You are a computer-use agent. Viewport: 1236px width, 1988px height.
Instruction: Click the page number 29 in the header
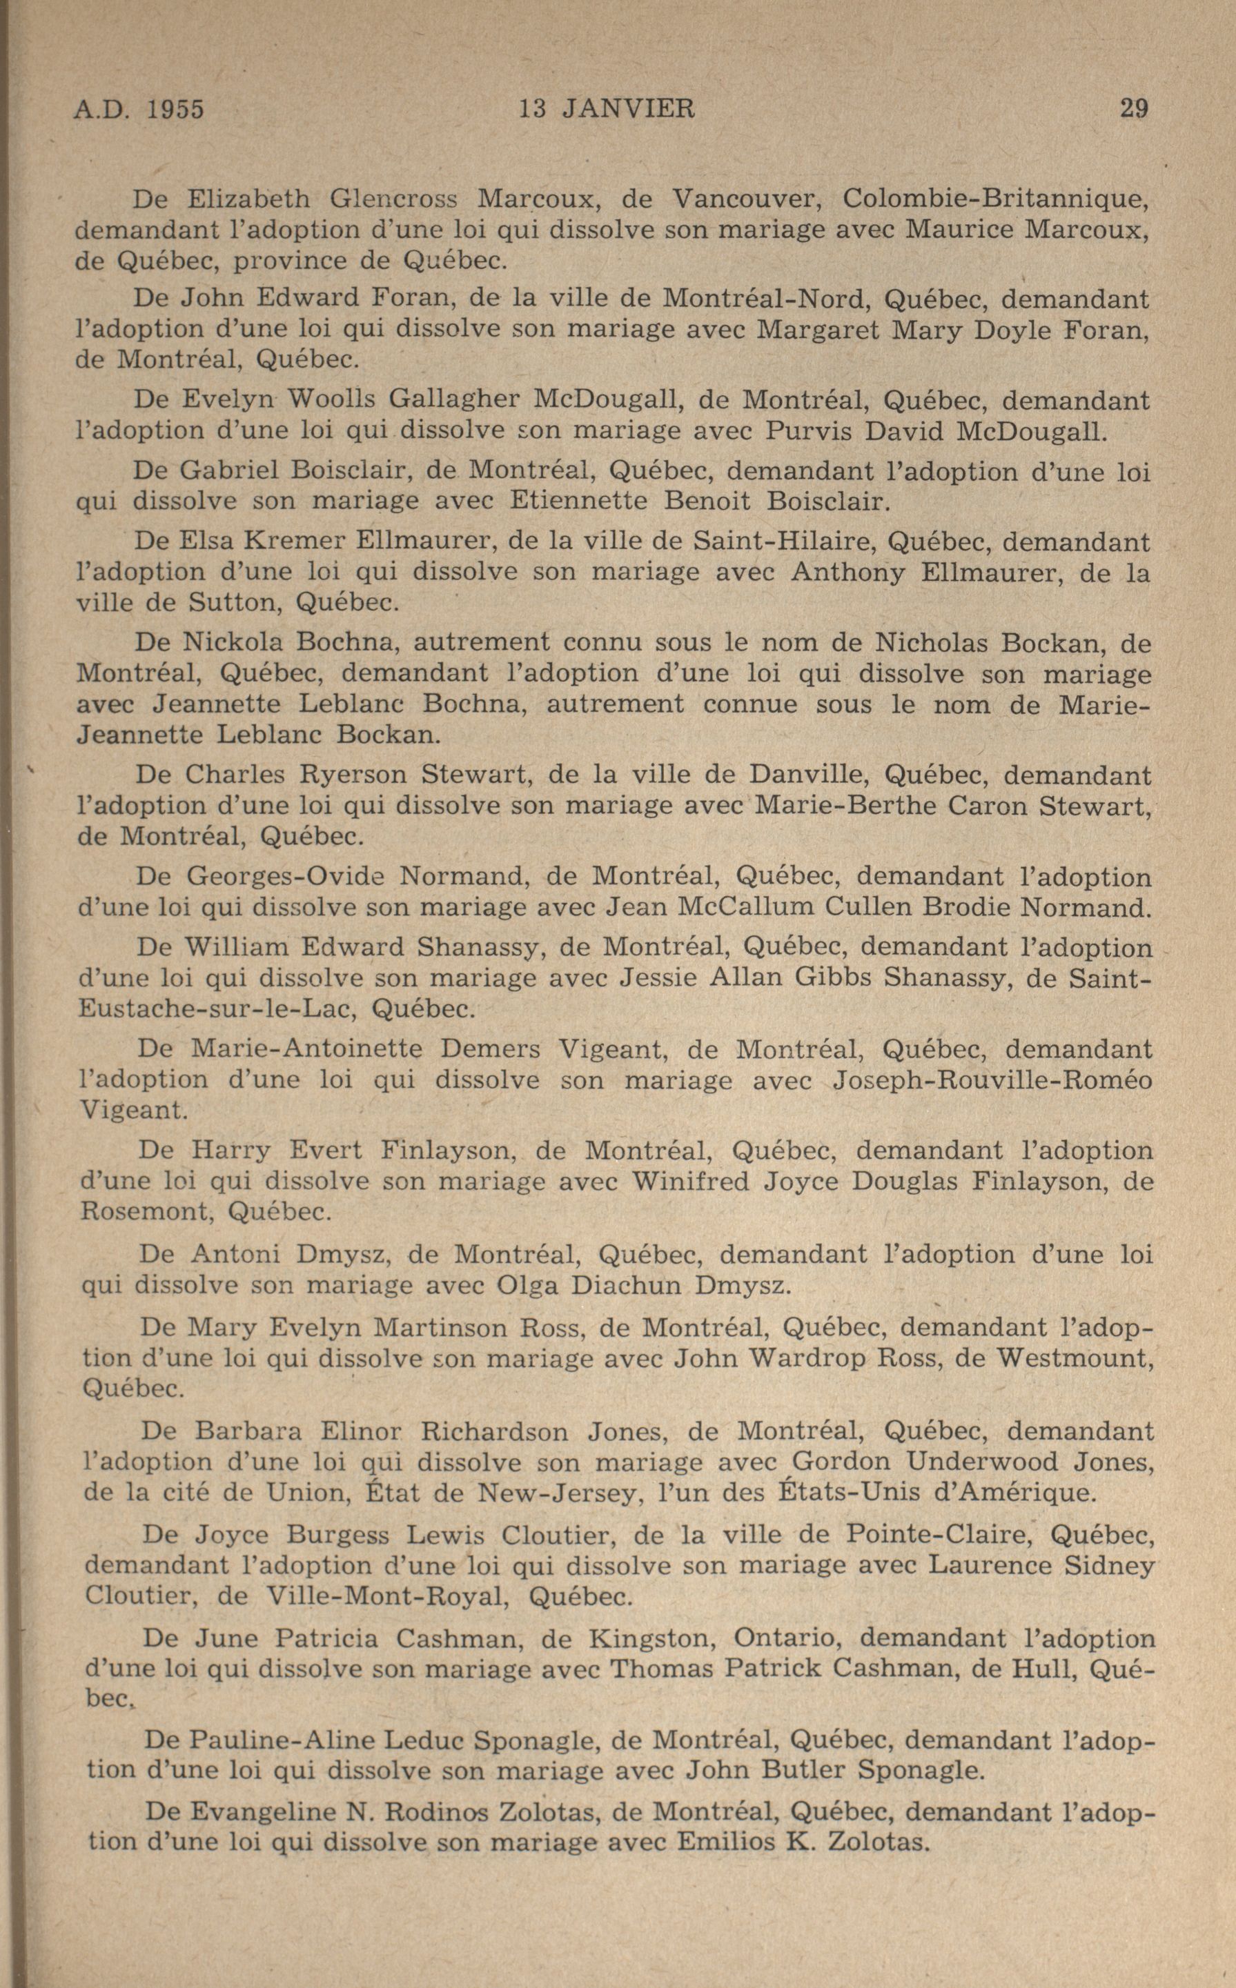(x=1134, y=109)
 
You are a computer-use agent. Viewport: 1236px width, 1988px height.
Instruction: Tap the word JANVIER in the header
(x=629, y=109)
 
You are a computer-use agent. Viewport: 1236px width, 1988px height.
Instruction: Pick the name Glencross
(x=393, y=199)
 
